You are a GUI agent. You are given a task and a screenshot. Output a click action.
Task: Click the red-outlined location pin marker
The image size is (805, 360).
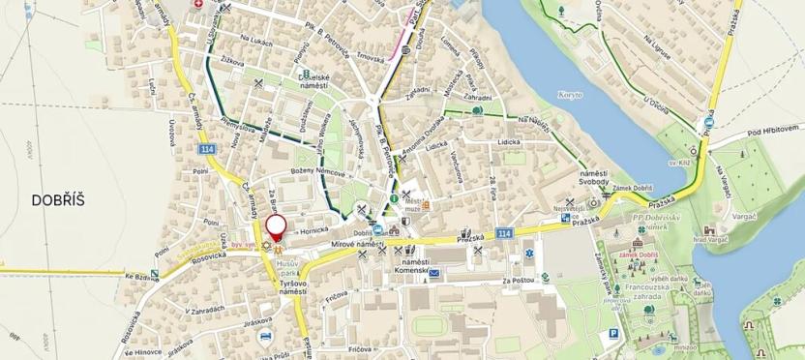coord(277,227)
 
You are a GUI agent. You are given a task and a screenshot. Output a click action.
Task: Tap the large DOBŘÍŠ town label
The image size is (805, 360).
coord(59,200)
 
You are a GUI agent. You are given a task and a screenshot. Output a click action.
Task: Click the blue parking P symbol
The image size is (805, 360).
coord(612,335)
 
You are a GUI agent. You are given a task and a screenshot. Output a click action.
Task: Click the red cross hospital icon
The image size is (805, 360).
coord(199,5)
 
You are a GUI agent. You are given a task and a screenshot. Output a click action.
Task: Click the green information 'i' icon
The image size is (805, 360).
coord(394,198)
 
